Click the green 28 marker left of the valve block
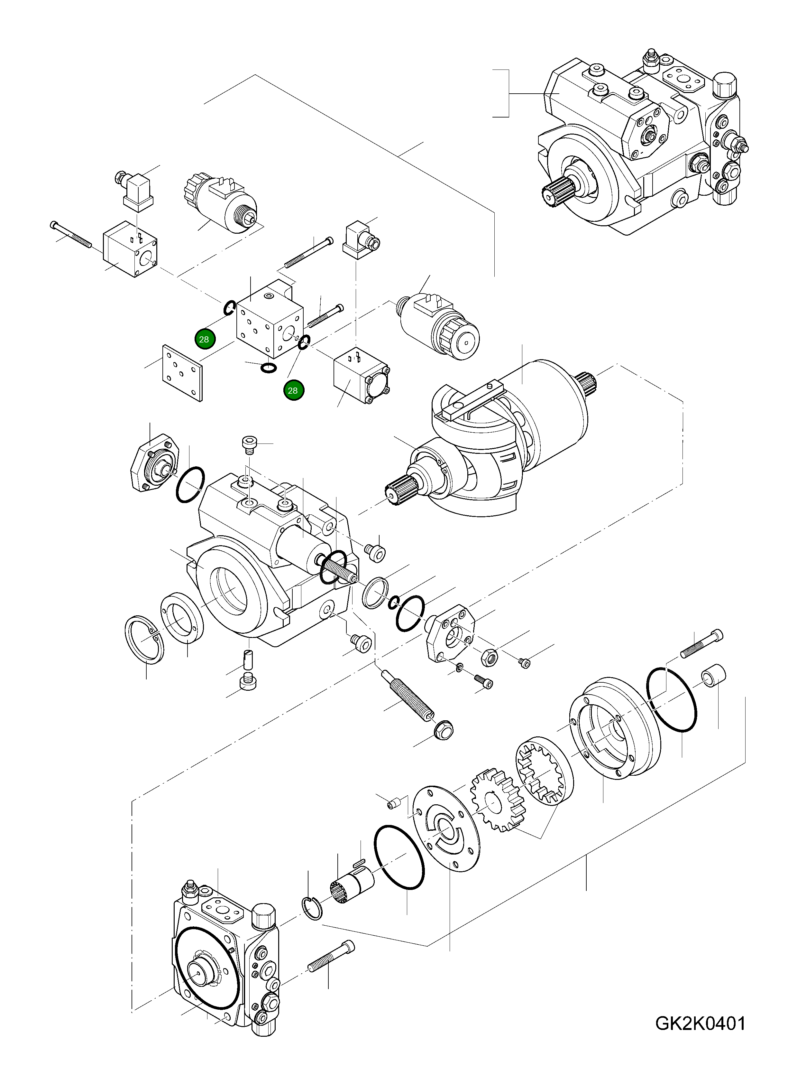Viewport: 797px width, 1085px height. (204, 339)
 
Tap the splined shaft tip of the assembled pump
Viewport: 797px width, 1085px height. (555, 192)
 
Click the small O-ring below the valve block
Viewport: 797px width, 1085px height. (268, 368)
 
